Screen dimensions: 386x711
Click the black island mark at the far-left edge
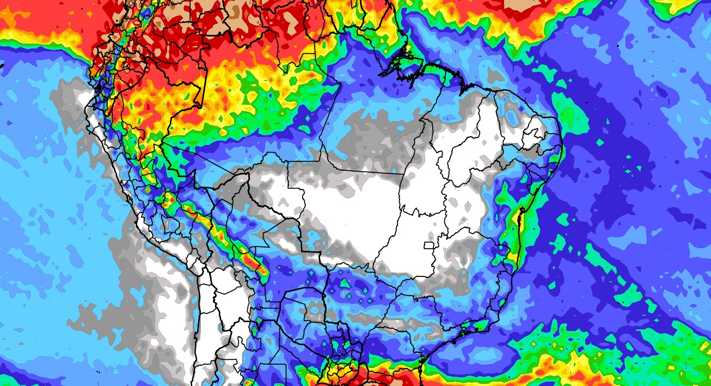(2, 65)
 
